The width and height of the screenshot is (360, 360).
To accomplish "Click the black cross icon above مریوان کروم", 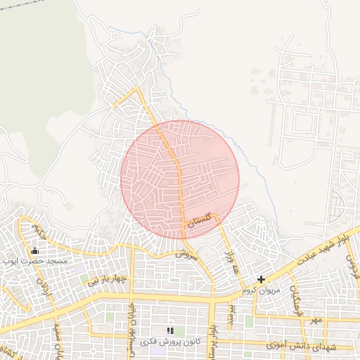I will tap(261, 279).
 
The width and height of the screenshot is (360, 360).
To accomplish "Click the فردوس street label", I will tap(352, 266).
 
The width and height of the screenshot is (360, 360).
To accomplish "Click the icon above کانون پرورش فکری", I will tap(169, 330).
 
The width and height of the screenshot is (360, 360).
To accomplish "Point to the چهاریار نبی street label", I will tap(106, 280).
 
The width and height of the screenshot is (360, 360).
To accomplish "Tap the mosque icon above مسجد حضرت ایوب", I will tap(34, 250).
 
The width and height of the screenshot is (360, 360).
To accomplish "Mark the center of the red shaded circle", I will tap(180, 179).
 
